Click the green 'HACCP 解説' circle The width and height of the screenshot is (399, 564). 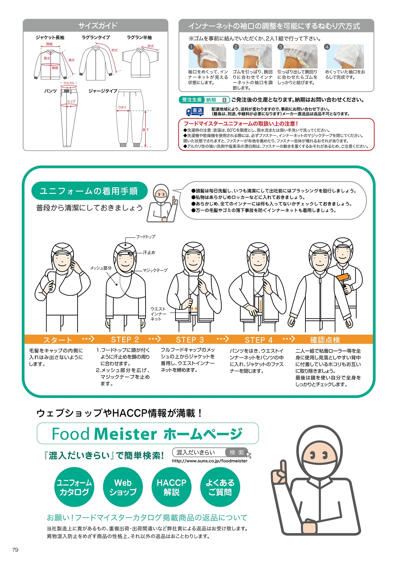[171, 487]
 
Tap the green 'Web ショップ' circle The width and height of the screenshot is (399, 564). [123, 487]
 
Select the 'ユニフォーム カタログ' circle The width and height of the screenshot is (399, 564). [74, 487]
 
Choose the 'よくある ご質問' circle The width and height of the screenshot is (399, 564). [220, 487]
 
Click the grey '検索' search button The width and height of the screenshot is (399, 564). [237, 452]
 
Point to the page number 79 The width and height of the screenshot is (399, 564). [15, 550]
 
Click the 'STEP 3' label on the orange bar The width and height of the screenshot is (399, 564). [190, 340]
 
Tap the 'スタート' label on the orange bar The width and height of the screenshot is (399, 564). [57, 340]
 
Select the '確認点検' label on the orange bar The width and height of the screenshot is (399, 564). [325, 340]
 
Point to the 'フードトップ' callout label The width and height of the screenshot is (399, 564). [146, 237]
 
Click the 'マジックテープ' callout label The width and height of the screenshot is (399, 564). [155, 270]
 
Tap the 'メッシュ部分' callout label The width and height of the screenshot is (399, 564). [101, 268]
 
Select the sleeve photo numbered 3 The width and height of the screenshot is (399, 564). [299, 56]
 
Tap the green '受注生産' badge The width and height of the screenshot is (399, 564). [192, 100]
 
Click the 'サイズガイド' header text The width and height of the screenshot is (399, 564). [98, 26]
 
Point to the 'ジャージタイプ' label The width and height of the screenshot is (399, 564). [103, 91]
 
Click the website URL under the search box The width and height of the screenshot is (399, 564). [210, 461]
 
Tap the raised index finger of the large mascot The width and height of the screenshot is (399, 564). [283, 467]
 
